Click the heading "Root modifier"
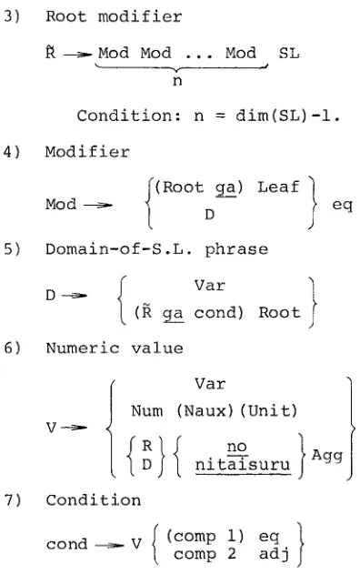114,17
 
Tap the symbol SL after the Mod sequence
289,54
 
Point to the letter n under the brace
177,81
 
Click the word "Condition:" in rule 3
129,116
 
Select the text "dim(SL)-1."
288,116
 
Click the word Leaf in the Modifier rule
278,187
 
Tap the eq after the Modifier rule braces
343,205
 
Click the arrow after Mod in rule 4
98,205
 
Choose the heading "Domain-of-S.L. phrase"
157,249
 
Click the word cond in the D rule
219,313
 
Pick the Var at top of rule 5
210,286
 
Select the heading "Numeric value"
115,348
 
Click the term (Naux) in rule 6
205,411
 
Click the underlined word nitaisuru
243,465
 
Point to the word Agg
327,456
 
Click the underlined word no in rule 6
237,447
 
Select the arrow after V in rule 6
74,428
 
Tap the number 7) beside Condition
13,500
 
